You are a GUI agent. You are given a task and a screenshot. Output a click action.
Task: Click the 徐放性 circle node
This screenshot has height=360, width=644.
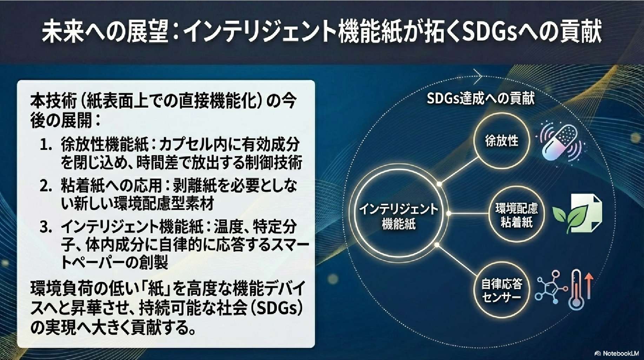502,140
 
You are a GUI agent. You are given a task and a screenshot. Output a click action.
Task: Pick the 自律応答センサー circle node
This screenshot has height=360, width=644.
501,290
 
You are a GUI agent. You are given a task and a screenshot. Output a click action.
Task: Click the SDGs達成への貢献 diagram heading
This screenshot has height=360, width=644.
480,98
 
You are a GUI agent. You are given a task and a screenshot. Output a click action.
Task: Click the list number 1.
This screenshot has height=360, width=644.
46,145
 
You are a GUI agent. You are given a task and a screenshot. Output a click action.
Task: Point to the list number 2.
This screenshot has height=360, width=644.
46,186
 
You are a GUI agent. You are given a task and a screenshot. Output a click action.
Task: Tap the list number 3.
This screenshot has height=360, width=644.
46,227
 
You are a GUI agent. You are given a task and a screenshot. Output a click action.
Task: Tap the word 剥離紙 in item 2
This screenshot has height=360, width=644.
194,186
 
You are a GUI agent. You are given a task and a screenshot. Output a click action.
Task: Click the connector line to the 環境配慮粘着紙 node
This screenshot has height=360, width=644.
469,213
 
